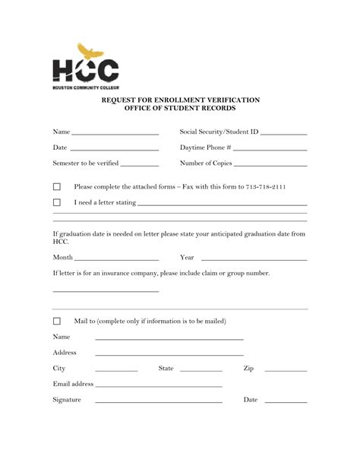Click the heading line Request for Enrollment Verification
coord(180,100)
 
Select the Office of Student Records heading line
coord(180,109)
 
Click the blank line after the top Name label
coord(115,134)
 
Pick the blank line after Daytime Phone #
coord(271,149)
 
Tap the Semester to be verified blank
coord(140,165)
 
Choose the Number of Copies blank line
coord(270,165)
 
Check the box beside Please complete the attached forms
coord(56,187)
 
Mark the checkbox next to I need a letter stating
coord(56,203)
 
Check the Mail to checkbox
coord(56,322)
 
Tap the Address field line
coord(169,355)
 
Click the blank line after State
coord(198,370)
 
